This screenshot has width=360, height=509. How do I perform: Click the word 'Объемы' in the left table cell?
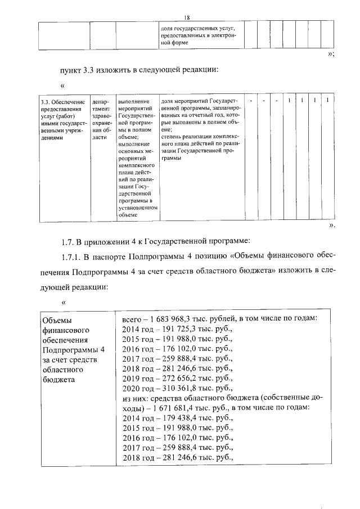pos(58,319)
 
